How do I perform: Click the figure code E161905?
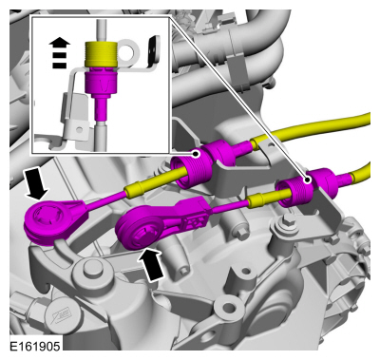[35, 346]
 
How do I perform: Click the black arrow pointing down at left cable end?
[36, 183]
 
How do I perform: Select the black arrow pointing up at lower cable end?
[152, 264]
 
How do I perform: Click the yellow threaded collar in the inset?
[101, 55]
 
